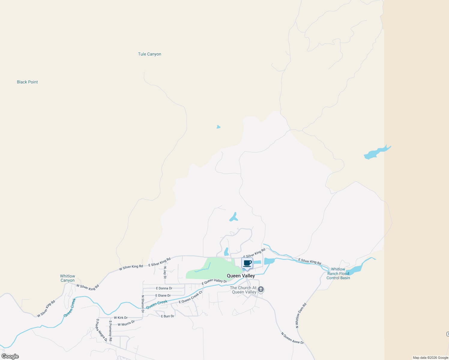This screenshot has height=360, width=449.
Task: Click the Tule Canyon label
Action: tap(149, 54)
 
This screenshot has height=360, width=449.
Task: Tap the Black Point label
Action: tap(27, 82)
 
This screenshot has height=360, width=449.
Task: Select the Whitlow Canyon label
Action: tap(68, 278)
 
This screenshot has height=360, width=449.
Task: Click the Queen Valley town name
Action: tap(241, 276)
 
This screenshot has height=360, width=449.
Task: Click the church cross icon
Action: tap(261, 289)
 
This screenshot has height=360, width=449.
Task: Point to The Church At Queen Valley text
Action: tap(243, 290)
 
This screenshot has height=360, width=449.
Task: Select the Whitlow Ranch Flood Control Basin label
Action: tap(338, 274)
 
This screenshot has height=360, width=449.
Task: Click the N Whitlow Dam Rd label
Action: tap(301, 315)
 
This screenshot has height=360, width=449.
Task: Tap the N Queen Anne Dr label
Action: tap(292, 338)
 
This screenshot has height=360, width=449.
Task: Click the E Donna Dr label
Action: tap(164, 288)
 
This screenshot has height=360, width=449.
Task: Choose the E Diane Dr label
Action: tap(163, 295)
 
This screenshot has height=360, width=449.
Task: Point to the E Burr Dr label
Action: tap(167, 316)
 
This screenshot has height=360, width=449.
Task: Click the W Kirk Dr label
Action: tap(121, 318)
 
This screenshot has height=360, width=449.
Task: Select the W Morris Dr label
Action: tap(126, 323)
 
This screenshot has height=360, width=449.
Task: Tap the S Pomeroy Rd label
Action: tap(110, 331)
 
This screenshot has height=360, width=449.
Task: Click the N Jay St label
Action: tap(165, 272)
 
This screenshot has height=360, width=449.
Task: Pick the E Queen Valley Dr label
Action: tap(214, 281)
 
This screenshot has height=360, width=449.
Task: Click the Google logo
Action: tap(10, 356)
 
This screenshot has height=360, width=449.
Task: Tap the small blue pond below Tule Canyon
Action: tap(218, 127)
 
